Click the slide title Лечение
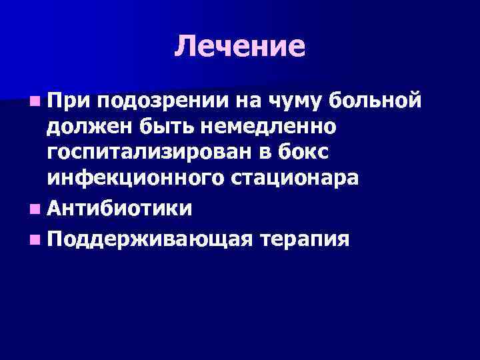[x=240, y=47]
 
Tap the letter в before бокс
[x=275, y=153]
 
